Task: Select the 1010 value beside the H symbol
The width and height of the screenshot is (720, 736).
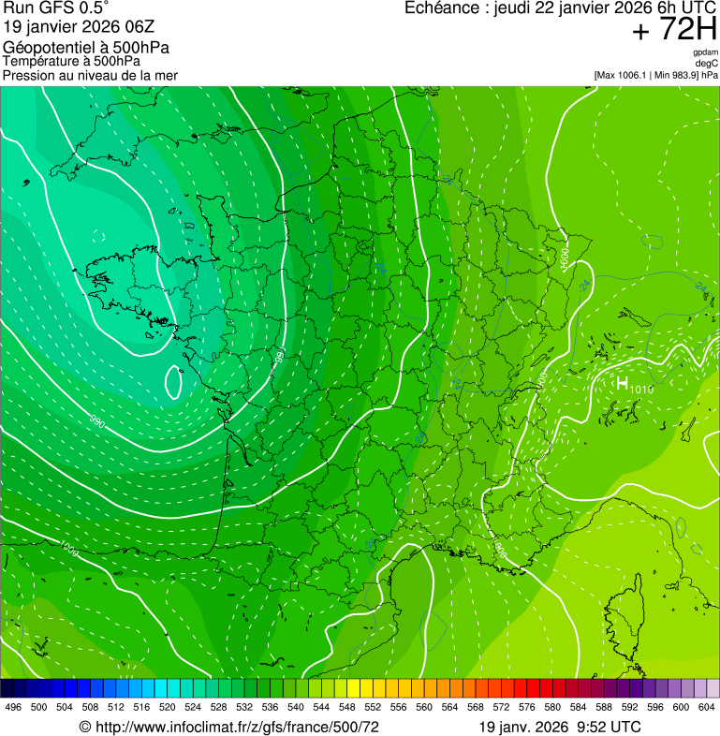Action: tap(642, 390)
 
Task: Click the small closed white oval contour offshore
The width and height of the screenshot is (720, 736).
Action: tap(173, 381)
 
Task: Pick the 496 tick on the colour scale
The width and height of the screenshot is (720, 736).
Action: tap(13, 707)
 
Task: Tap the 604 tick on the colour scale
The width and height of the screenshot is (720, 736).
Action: tap(707, 707)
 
